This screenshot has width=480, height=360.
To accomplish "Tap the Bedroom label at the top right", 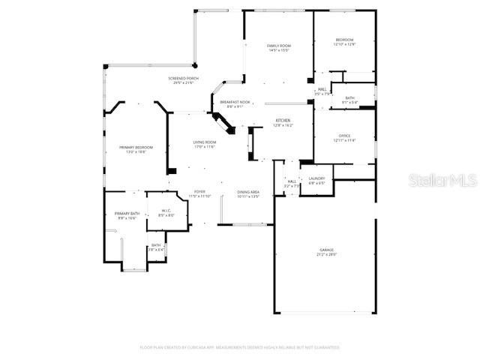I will [x=344, y=41].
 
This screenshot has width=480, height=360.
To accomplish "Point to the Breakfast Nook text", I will [x=235, y=102].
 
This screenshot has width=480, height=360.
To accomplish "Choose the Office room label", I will [x=344, y=137].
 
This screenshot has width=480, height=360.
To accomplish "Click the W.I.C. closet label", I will [x=166, y=212].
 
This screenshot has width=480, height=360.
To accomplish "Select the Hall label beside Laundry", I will [x=292, y=182].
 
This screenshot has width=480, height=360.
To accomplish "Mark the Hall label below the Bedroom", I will [x=321, y=91].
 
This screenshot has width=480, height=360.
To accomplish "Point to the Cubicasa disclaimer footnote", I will [x=240, y=347].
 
